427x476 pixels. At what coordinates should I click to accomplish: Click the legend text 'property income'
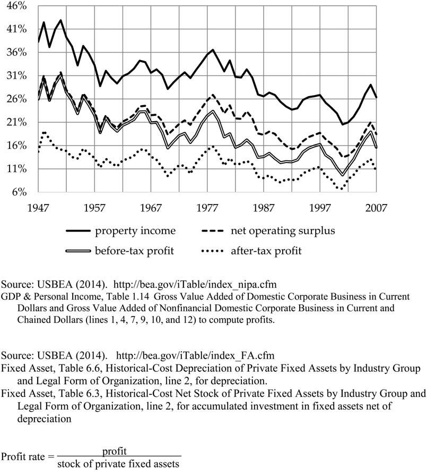coord(135,231)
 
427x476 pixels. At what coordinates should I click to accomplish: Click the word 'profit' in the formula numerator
coord(114,451)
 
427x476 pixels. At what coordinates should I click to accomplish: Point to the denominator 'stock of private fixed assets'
coord(119,463)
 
